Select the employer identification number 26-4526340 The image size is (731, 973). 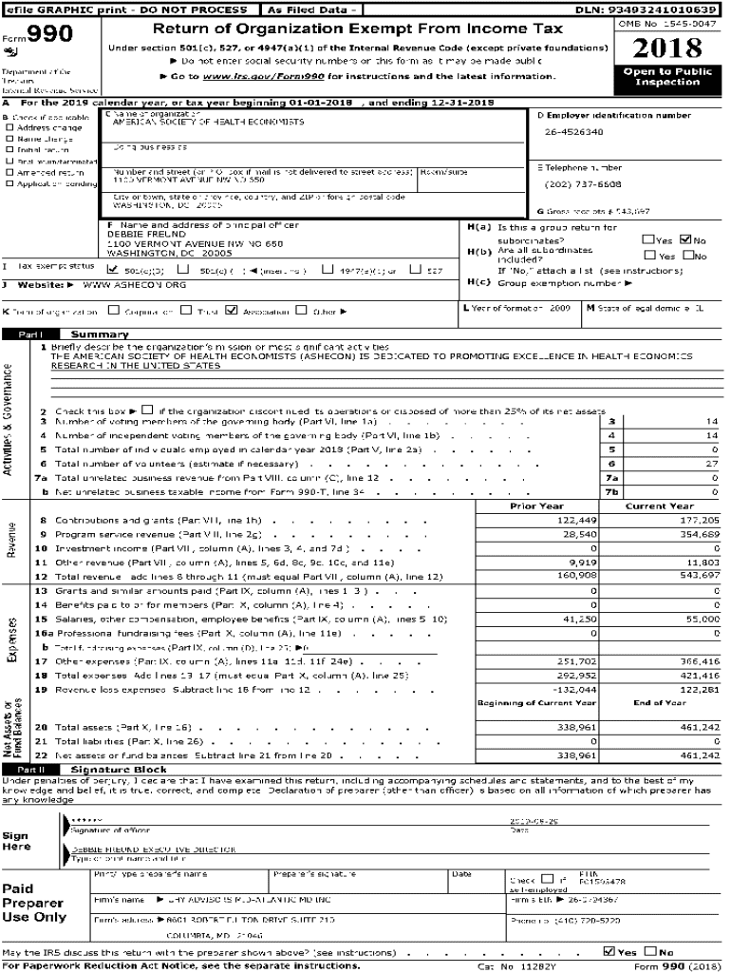pos(573,132)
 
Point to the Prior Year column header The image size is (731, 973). pos(536,506)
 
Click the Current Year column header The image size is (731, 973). pos(660,506)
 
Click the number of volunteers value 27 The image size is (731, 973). pos(712,463)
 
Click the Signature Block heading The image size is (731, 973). pos(119,769)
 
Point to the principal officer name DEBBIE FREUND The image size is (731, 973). pos(137,233)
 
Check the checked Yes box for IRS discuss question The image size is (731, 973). pos(609,951)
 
